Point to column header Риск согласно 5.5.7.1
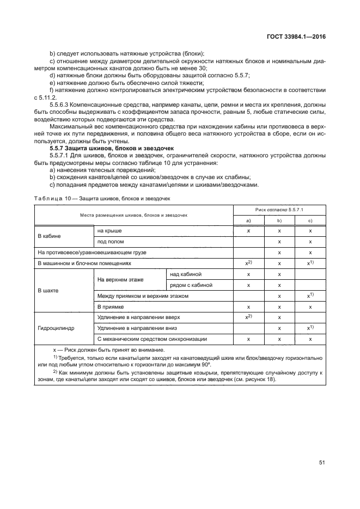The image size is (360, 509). click(279, 209)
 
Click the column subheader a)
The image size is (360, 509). click(248, 220)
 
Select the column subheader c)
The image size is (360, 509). click(310, 220)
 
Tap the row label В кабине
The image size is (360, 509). click(49, 236)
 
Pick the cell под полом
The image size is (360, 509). click(109, 242)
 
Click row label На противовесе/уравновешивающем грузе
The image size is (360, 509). click(92, 253)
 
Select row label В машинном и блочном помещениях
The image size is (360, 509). click(84, 263)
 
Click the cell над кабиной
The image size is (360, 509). click(186, 274)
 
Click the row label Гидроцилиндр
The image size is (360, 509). click(53, 328)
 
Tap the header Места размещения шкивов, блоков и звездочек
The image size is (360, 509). click(134, 214)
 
